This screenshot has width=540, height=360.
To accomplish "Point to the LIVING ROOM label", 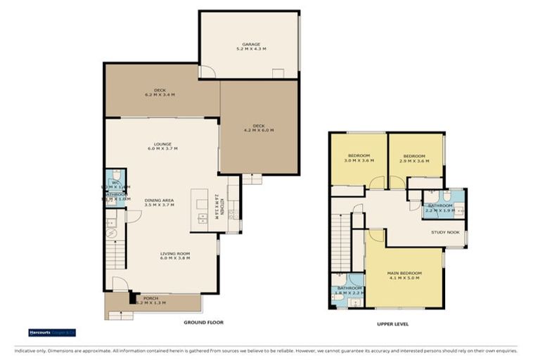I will [x=175, y=254].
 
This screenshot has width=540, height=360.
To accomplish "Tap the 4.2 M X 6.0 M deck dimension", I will [x=258, y=130].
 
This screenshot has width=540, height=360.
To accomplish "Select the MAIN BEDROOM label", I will [x=404, y=273].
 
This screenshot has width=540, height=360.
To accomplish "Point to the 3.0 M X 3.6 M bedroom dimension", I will [x=359, y=160].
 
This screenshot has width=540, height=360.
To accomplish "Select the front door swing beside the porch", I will [x=120, y=284].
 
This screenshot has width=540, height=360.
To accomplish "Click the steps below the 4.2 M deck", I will [x=252, y=179].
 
